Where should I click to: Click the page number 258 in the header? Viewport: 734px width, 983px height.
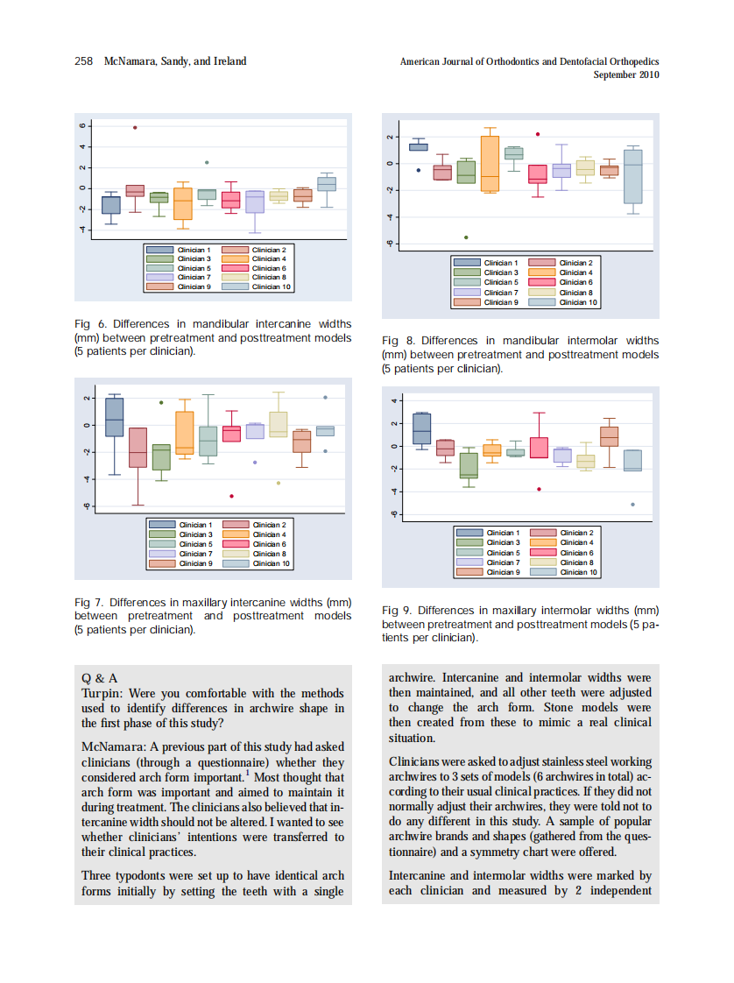coord(84,61)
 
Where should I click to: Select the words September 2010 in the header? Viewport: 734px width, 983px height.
coord(625,75)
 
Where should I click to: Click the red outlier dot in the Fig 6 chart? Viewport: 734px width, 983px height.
coord(135,128)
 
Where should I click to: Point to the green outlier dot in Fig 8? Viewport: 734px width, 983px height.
coord(466,237)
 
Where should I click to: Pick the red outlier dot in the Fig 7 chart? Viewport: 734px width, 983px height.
coord(231,497)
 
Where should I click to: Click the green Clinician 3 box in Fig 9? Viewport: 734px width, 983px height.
coord(469,465)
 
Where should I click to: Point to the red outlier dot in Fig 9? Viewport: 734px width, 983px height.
coord(539,489)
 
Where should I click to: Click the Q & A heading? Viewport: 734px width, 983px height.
coord(99,678)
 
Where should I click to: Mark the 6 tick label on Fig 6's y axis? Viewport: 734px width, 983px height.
coord(83,126)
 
